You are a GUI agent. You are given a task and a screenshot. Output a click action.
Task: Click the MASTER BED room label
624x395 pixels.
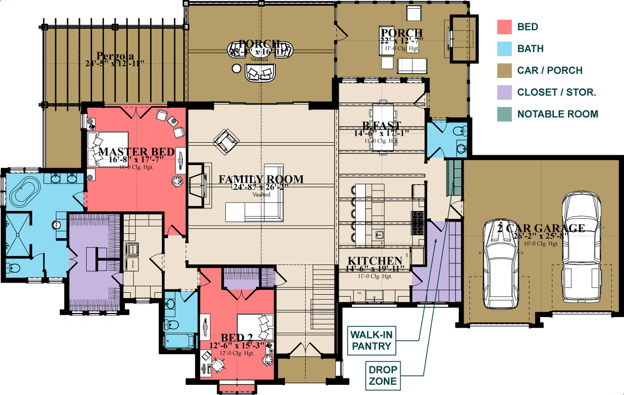point(136,152)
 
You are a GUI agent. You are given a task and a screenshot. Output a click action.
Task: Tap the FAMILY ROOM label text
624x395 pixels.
point(261,179)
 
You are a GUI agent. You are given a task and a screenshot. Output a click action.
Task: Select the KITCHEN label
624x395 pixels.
point(374,261)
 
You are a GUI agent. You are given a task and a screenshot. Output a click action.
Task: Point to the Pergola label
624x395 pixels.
point(115,55)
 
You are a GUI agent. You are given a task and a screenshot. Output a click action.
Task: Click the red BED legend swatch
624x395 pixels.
point(504,27)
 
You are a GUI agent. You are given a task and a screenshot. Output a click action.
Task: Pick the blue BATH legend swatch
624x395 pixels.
point(504,49)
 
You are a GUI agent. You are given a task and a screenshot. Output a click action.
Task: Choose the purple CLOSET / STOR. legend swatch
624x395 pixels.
point(504,93)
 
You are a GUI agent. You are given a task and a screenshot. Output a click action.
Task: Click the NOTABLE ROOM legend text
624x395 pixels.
point(557,114)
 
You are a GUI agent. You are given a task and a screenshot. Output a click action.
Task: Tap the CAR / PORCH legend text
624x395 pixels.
point(549,71)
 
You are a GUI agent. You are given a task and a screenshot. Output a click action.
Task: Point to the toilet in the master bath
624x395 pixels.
point(13,268)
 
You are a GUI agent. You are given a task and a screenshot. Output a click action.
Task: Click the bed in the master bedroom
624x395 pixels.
point(107,149)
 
